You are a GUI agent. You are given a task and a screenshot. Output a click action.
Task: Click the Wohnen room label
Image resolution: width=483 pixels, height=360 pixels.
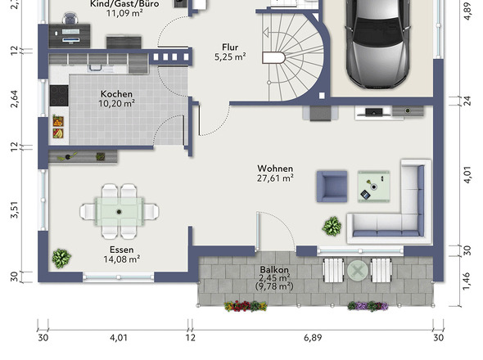point(275,169)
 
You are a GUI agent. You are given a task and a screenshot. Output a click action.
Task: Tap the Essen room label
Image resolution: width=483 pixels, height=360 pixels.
point(122,250)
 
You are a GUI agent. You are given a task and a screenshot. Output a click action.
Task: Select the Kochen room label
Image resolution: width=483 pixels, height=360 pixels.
point(116,94)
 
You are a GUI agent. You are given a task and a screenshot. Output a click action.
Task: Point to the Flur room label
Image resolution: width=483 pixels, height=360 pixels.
point(230,47)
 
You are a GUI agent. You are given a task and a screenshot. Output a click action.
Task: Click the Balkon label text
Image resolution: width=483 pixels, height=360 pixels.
point(274,269)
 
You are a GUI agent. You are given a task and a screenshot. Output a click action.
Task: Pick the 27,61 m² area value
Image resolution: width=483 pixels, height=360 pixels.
point(275,178)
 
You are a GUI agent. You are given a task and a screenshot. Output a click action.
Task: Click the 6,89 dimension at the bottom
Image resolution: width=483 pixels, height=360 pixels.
point(313,338)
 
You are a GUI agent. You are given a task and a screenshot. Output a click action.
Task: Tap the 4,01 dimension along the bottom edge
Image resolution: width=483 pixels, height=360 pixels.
point(119,338)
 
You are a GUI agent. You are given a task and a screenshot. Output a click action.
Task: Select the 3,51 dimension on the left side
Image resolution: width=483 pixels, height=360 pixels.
point(15,210)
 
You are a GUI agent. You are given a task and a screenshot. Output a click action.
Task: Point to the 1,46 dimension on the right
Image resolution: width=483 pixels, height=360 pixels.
point(467,281)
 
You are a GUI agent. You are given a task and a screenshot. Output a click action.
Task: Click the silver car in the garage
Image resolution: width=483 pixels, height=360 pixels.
point(378,43)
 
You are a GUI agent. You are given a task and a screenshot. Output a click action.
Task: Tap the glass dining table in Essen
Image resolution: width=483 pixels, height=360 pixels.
point(120,212)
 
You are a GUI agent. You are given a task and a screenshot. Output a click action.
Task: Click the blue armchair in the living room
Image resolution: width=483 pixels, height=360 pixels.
point(332,187)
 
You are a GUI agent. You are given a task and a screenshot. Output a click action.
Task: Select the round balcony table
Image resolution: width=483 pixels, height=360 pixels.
point(357,271)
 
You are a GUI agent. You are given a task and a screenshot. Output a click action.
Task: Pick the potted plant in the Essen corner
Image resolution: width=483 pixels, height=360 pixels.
point(61,259)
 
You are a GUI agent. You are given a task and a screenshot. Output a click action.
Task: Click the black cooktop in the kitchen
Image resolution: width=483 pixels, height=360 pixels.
point(59,96)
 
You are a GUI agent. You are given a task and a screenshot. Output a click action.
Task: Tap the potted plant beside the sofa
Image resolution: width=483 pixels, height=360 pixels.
point(332,227)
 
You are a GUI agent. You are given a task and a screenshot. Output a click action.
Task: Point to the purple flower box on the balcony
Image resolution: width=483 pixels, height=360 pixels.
point(368,306)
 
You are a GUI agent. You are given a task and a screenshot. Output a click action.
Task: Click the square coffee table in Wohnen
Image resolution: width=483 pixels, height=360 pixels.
point(373,187)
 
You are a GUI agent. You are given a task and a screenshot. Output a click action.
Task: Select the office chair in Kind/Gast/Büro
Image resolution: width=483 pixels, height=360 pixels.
point(70,19)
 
